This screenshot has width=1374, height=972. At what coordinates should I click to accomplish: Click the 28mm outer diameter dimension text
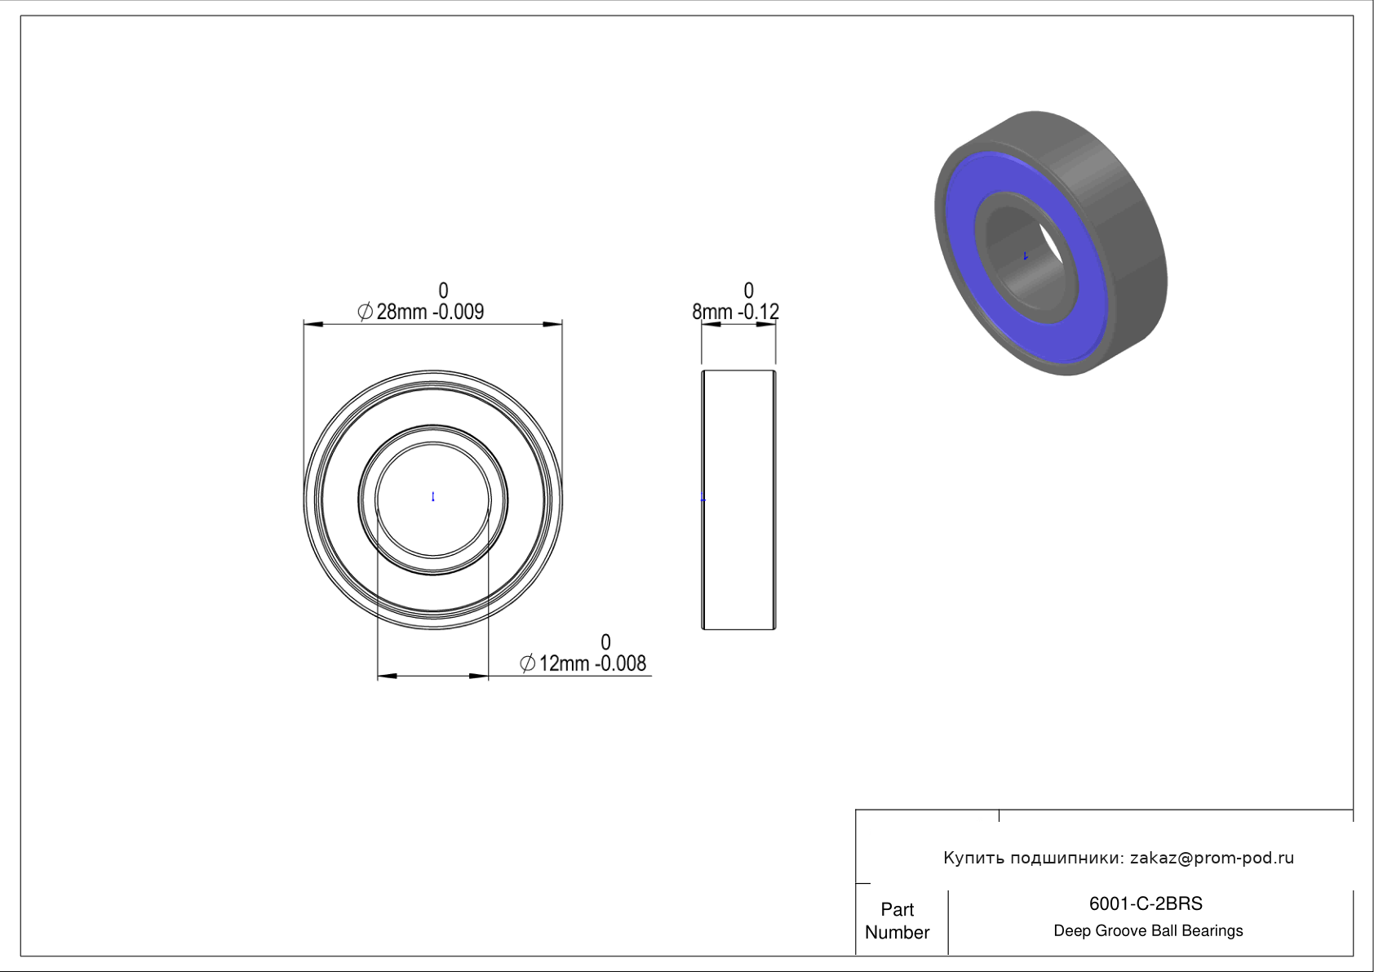pyautogui.click(x=401, y=312)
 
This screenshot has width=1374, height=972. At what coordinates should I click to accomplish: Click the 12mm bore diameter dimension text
pyautogui.click(x=564, y=664)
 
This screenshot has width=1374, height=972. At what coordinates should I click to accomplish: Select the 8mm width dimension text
pyautogui.click(x=712, y=312)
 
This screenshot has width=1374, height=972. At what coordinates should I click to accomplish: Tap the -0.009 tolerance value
pyautogui.click(x=459, y=312)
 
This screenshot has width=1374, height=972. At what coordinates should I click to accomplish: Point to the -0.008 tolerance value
pyautogui.click(x=621, y=664)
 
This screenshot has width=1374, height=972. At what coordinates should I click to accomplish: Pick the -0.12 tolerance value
pyautogui.click(x=758, y=312)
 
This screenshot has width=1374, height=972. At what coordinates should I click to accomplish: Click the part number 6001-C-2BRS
pyautogui.click(x=1146, y=903)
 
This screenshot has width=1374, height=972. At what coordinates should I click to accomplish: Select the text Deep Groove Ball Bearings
pyautogui.click(x=1148, y=931)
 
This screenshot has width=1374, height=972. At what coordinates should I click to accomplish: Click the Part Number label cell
pyautogui.click(x=898, y=921)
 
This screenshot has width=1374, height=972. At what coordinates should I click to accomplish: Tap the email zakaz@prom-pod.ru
pyautogui.click(x=1212, y=858)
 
